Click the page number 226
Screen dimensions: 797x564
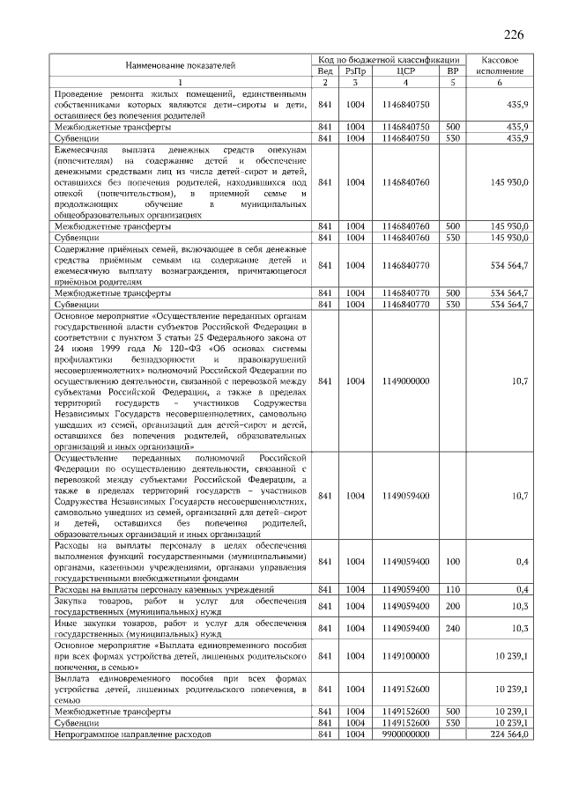[x=513, y=35]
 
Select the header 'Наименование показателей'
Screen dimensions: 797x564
[x=180, y=65]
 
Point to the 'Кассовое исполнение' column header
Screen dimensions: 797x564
[x=500, y=65]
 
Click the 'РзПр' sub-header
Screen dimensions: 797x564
[x=355, y=71]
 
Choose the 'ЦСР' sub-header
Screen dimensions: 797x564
[x=405, y=71]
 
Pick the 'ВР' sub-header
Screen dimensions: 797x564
[x=453, y=71]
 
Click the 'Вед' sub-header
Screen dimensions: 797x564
[x=324, y=71]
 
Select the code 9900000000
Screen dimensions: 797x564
[x=405, y=734]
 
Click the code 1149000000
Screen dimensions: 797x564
[x=405, y=381]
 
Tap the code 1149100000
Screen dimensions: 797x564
[x=405, y=656]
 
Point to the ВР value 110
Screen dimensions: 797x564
[x=453, y=588]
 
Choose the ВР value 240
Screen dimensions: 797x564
[x=453, y=628]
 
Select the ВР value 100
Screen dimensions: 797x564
[x=453, y=561]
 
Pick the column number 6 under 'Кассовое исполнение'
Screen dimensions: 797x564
[x=500, y=83]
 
